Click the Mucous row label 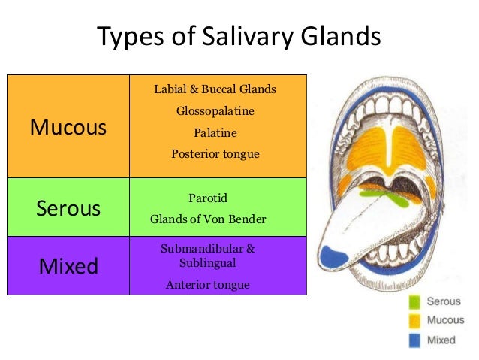(x=68, y=127)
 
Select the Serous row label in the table (x=68, y=208)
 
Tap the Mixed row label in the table (x=68, y=265)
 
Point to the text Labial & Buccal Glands (x=215, y=89)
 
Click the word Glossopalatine (x=215, y=111)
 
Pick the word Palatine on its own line (x=215, y=133)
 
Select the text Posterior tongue (x=215, y=154)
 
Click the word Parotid (x=208, y=198)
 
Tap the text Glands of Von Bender (x=208, y=220)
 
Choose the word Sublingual (x=208, y=263)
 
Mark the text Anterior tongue (x=208, y=285)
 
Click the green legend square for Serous (x=414, y=302)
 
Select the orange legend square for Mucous (x=414, y=321)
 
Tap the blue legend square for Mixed (x=414, y=340)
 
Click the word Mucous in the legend (x=445, y=321)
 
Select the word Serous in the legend (x=444, y=302)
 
